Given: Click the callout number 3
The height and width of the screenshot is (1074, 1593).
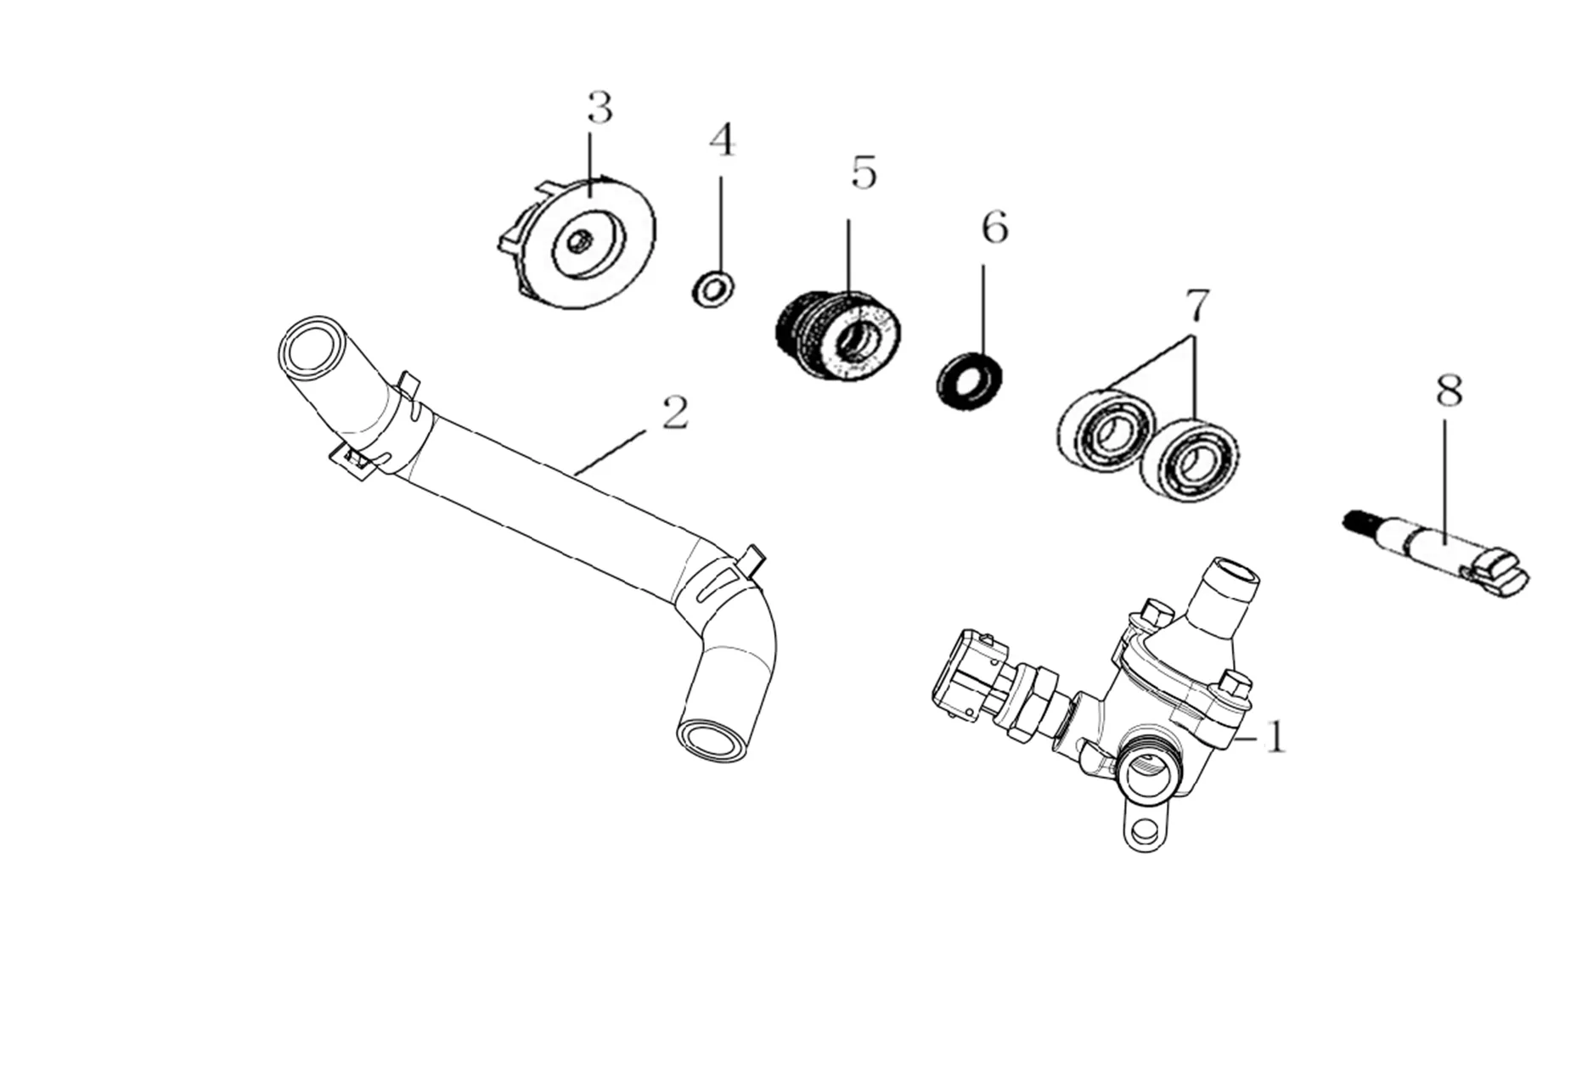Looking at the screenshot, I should click(x=599, y=109).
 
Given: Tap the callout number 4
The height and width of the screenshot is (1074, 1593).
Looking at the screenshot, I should click(x=722, y=140).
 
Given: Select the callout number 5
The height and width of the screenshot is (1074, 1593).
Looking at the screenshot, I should click(x=863, y=173).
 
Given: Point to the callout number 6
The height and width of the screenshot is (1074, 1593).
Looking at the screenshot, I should click(x=994, y=228).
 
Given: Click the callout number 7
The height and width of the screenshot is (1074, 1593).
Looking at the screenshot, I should click(x=1196, y=306).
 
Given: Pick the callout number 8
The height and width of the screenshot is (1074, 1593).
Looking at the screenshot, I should click(x=1449, y=391).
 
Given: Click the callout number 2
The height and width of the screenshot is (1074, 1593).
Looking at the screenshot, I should click(x=674, y=413).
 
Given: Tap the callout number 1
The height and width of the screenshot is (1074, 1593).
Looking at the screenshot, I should click(x=1275, y=737).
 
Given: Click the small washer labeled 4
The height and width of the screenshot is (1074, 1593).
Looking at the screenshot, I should click(x=713, y=289).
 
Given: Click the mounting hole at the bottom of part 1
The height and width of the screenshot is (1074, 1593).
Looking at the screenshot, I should click(x=1145, y=832).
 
